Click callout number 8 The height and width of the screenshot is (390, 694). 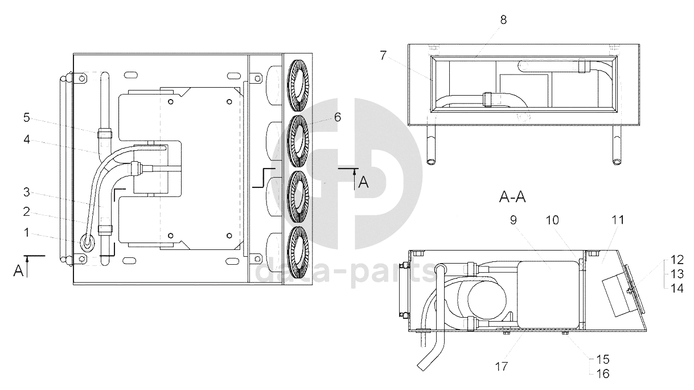coord(503,20)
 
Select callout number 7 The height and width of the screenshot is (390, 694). coord(383,55)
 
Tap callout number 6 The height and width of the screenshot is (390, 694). coord(338,117)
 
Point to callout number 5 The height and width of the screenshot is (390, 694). coord(27,118)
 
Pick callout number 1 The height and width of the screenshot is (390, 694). coord(27,232)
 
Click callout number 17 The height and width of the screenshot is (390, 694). coord(502,367)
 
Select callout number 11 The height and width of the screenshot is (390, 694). coord(618,220)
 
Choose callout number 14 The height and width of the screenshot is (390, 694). coord(677,289)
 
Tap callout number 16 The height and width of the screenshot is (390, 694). coord(603,374)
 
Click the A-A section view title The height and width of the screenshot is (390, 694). coord(512,197)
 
